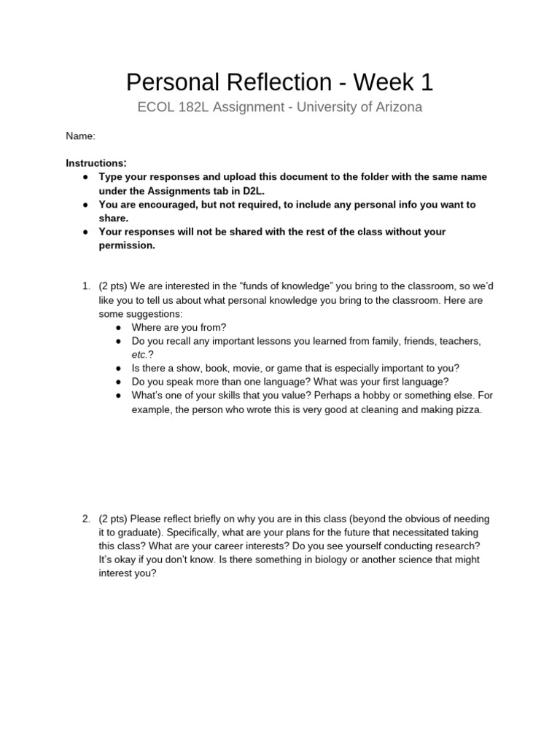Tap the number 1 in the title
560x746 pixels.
pos(427,82)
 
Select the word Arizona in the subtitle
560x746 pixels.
pos(395,107)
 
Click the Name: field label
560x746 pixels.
pos(80,136)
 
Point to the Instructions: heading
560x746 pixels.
pos(96,162)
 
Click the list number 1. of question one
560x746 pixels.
pos(85,286)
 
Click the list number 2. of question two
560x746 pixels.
pos(85,519)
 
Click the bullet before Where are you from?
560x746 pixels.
pos(118,327)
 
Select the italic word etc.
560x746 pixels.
pos(140,354)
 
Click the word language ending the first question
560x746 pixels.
pos(426,382)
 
